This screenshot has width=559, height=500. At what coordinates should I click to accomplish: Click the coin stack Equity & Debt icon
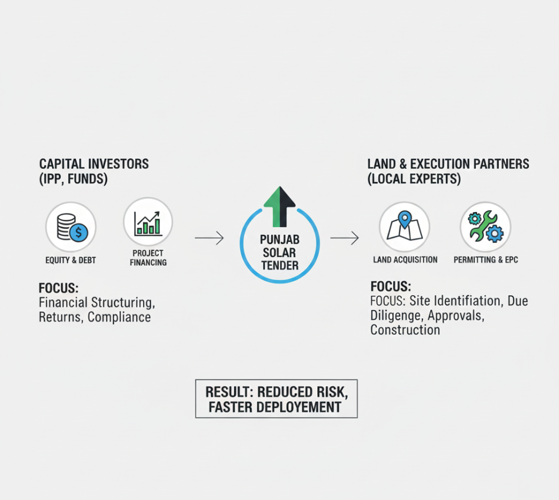(x=71, y=228)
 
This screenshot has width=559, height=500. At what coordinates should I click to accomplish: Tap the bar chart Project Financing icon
(x=148, y=222)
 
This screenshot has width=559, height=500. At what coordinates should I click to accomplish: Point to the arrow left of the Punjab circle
(x=209, y=238)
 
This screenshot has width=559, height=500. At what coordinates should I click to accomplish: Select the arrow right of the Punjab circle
(x=345, y=238)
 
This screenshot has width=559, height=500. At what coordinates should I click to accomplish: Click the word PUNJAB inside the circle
(x=279, y=240)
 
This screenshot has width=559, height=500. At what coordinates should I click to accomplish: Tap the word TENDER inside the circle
(x=279, y=265)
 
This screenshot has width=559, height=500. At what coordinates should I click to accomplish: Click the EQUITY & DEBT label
(x=71, y=260)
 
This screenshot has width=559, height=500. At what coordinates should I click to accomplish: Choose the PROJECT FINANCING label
(x=148, y=258)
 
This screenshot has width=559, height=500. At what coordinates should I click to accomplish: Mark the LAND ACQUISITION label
(x=405, y=259)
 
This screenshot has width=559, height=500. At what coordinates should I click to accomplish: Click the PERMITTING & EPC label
(x=485, y=259)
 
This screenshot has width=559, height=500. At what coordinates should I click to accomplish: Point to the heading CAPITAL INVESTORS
(x=94, y=164)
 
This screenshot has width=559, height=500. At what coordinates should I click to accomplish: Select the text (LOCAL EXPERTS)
(x=414, y=179)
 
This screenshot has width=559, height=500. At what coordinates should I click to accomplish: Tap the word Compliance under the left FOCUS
(x=119, y=318)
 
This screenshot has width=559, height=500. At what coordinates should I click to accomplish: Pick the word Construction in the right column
(x=405, y=330)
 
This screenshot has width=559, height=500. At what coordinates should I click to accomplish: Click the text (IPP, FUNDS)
(x=73, y=179)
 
